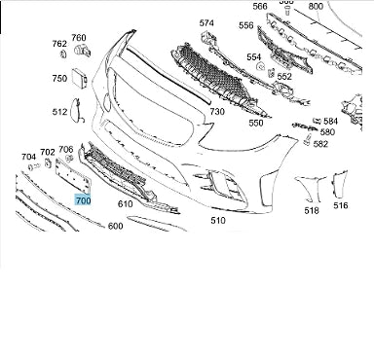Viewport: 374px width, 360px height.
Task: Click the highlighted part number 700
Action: [x=83, y=200]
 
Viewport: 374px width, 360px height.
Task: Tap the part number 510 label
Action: [x=218, y=221]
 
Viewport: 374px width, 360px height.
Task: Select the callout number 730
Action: [x=217, y=112]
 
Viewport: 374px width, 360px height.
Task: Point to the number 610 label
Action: [x=125, y=204]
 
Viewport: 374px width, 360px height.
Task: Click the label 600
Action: [x=115, y=226]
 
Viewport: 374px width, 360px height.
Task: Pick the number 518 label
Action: [x=312, y=210]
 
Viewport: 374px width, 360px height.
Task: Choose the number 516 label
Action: [x=341, y=205]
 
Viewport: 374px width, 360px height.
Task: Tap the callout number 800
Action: [x=316, y=6]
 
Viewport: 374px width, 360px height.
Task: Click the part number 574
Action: [x=206, y=23]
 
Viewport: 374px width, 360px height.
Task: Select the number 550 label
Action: [x=256, y=123]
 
